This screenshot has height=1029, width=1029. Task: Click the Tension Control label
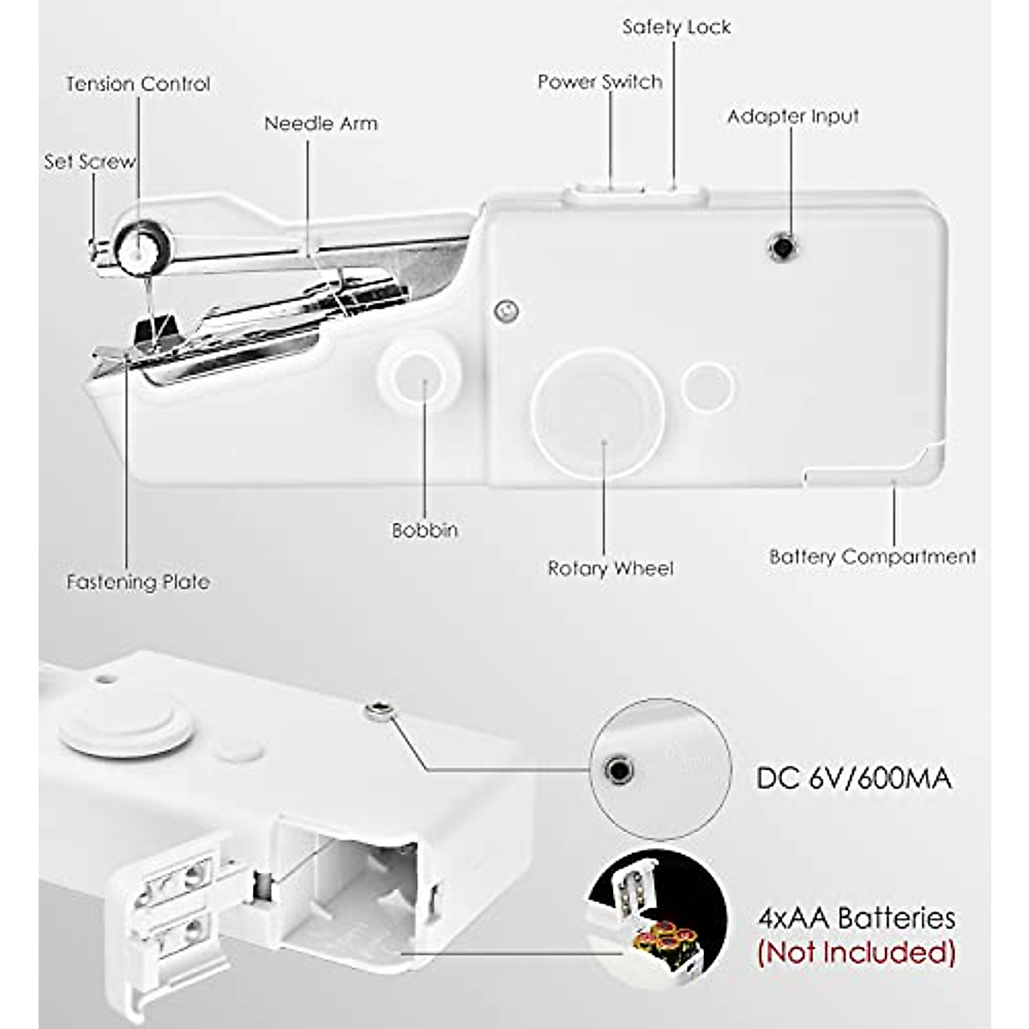coord(138,84)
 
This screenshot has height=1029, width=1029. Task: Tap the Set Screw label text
coord(89,161)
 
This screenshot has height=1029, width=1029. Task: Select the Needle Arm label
coord(321,123)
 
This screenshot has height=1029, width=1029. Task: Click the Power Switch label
coord(600,82)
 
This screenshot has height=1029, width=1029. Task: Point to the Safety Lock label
coord(677,27)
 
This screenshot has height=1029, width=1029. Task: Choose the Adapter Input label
coord(792,117)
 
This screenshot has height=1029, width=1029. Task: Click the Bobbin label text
coord(424,531)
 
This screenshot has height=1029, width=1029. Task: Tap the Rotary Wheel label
coord(611,569)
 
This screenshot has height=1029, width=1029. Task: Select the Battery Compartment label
coord(872,557)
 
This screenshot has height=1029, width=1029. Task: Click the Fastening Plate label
coord(138,582)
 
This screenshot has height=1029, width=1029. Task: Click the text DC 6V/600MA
coord(854,779)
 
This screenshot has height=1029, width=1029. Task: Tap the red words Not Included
coord(856,953)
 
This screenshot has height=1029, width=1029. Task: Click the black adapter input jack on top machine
coord(781,248)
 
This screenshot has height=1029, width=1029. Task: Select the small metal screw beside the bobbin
coord(507,310)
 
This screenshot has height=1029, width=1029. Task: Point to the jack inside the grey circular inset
coord(617,768)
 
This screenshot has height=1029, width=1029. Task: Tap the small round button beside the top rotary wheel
coord(707,384)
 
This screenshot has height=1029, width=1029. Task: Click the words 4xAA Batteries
coord(856,918)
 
